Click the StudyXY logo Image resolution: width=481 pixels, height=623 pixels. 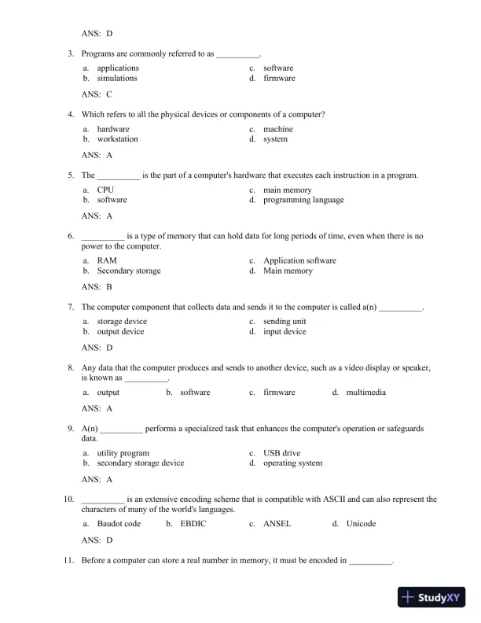tap(432, 597)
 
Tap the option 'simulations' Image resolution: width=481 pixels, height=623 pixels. tap(116, 79)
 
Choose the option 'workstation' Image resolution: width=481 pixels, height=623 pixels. tap(117, 139)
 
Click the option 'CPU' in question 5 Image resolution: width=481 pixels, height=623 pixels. tap(105, 190)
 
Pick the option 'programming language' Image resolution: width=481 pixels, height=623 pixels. tap(303, 201)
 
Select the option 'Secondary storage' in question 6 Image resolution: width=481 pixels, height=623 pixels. tap(128, 271)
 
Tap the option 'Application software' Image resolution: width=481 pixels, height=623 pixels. tap(299, 261)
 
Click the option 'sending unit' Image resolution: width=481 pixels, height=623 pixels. tap(285, 322)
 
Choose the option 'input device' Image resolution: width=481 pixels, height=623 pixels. tap(285, 332)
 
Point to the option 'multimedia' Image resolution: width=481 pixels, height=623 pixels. tap(365, 393)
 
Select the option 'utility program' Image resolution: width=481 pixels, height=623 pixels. tap(123, 454)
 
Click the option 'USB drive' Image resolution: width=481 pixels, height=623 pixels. tap(281, 454)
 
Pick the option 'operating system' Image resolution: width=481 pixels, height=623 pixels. tap(292, 463)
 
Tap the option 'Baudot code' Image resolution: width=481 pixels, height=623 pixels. tap(119, 524)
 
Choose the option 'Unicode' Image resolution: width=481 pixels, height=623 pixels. tap(361, 524)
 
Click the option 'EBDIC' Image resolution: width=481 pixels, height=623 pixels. tap(193, 524)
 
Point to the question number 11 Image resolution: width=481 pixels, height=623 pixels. tap(68, 562)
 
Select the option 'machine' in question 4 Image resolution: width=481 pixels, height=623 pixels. tap(277, 130)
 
